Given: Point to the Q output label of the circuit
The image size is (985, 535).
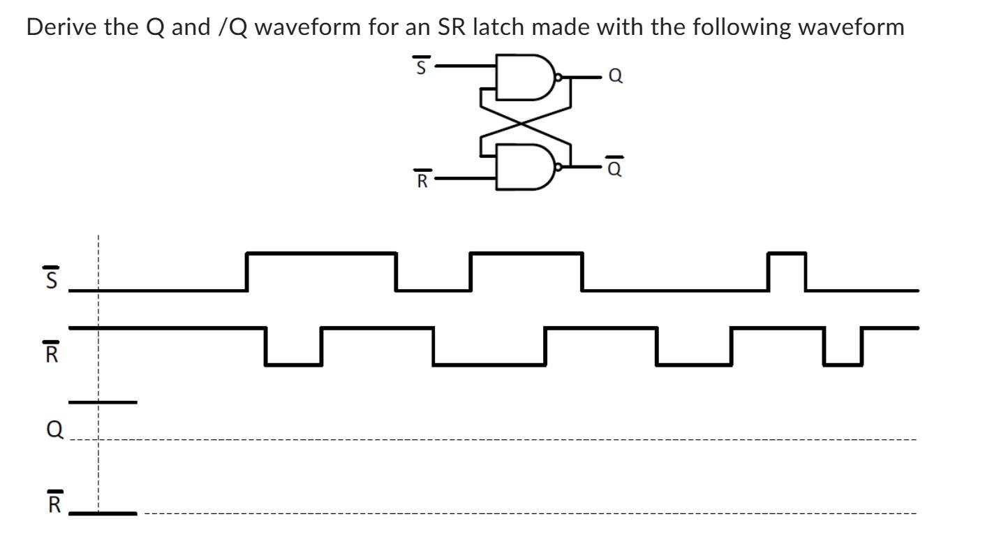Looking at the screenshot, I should (616, 77).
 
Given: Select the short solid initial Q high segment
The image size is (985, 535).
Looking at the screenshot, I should (103, 402).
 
